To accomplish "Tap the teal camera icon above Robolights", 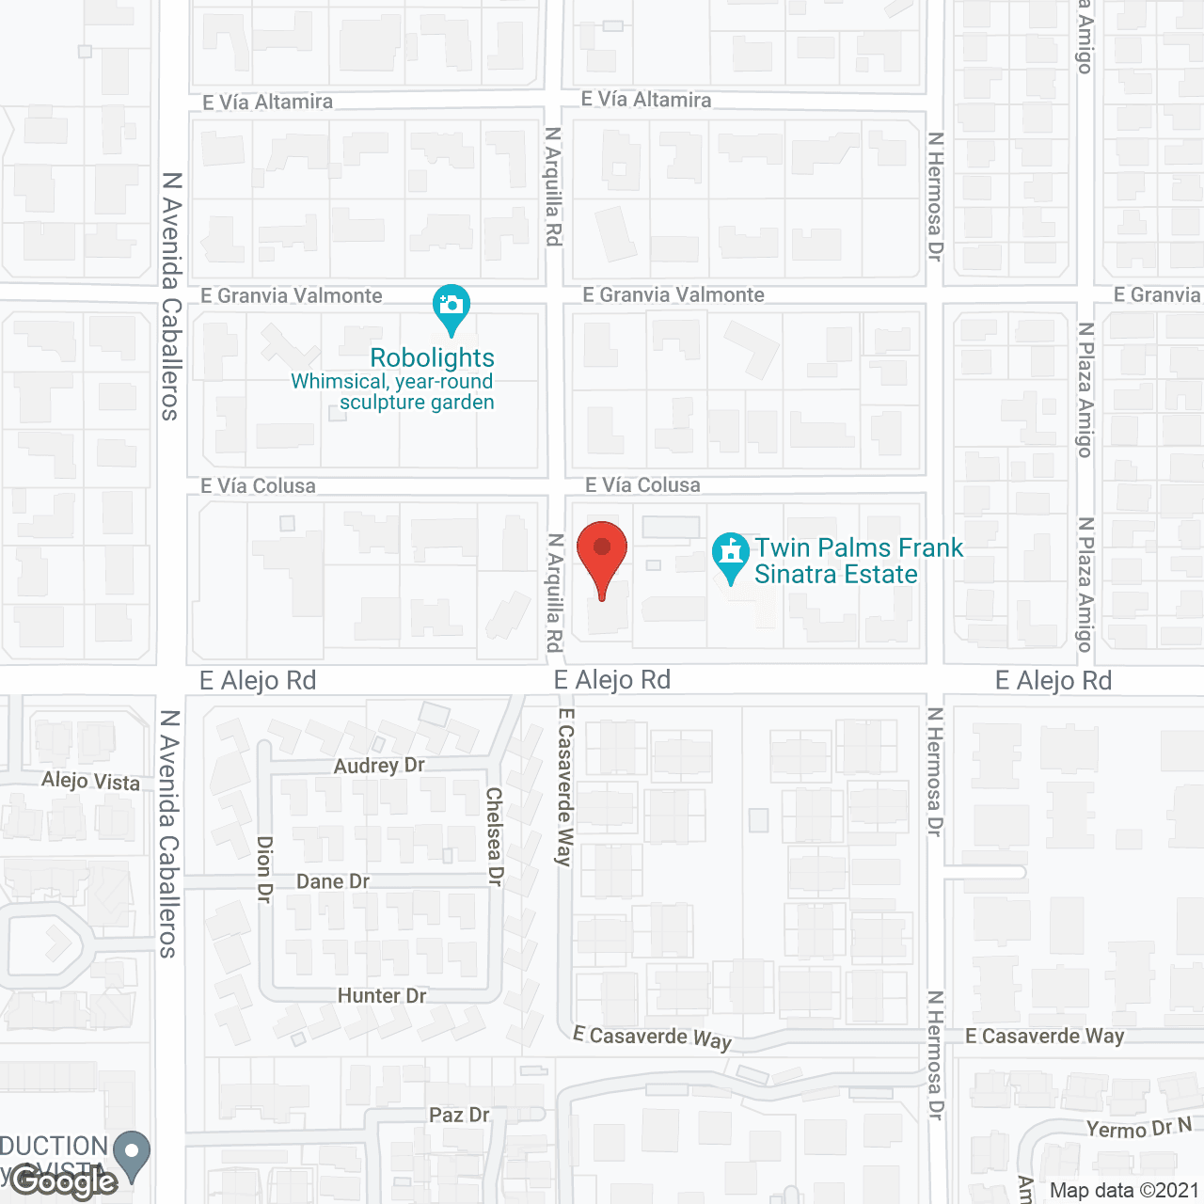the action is tap(451, 307).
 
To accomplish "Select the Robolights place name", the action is tap(432, 358).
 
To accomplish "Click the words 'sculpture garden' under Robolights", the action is tap(417, 403).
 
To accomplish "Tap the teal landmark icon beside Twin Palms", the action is tap(730, 554).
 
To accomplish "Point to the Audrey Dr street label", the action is tap(379, 766).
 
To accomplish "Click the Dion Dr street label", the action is tap(264, 869).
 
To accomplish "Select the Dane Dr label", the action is tap(333, 881).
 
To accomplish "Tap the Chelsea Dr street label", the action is tap(495, 836).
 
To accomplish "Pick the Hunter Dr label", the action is tap(382, 995).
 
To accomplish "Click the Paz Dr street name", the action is tap(459, 1115).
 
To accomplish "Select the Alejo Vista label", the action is tap(90, 781).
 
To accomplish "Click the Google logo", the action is tap(63, 1182).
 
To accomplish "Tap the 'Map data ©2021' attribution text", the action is tap(1124, 1190).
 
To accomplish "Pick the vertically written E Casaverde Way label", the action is tap(564, 785).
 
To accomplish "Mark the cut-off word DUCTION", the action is tap(54, 1146).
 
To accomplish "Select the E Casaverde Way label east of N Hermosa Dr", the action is tap(1044, 1036).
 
